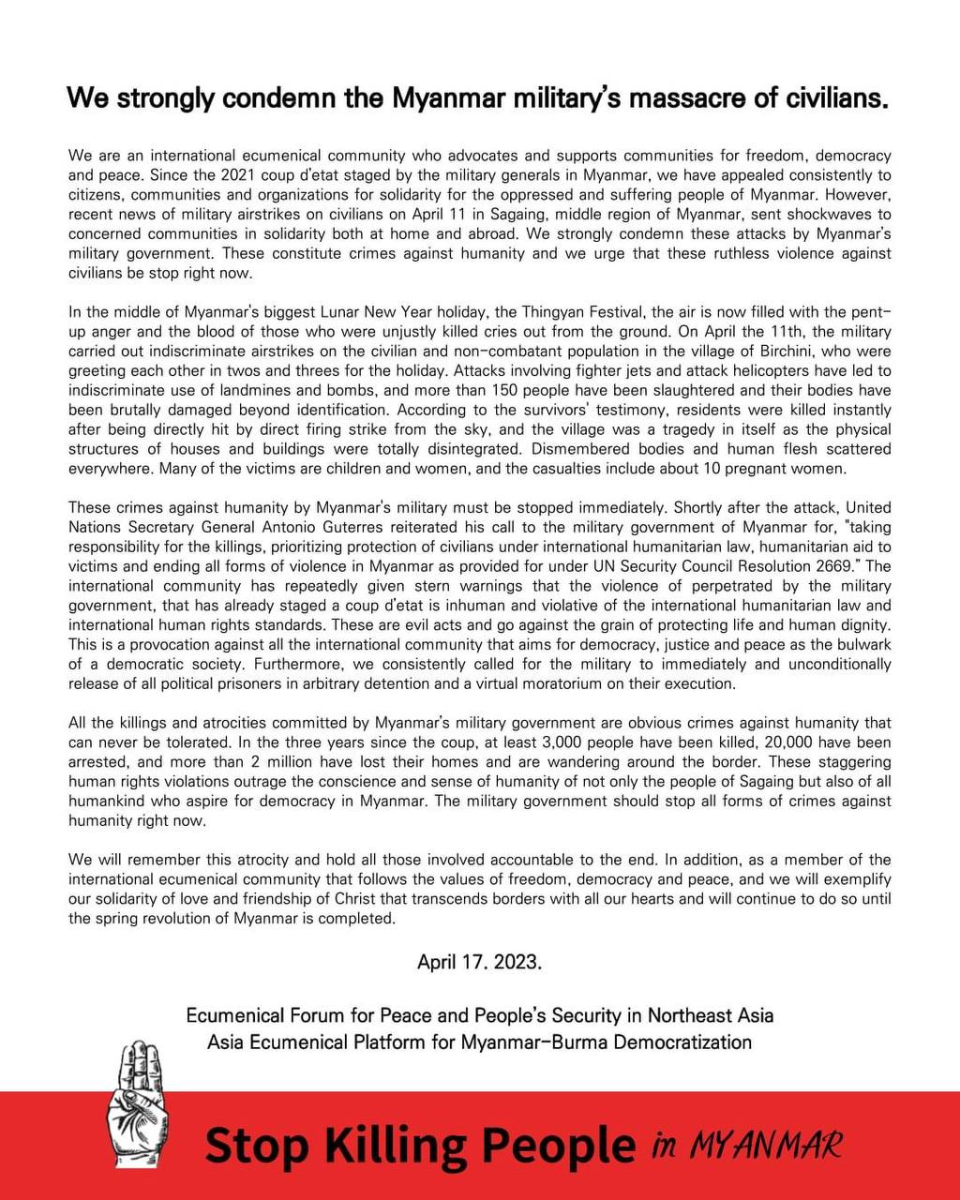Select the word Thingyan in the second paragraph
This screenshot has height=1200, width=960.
(502, 312)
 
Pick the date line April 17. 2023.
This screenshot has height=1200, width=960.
(479, 962)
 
